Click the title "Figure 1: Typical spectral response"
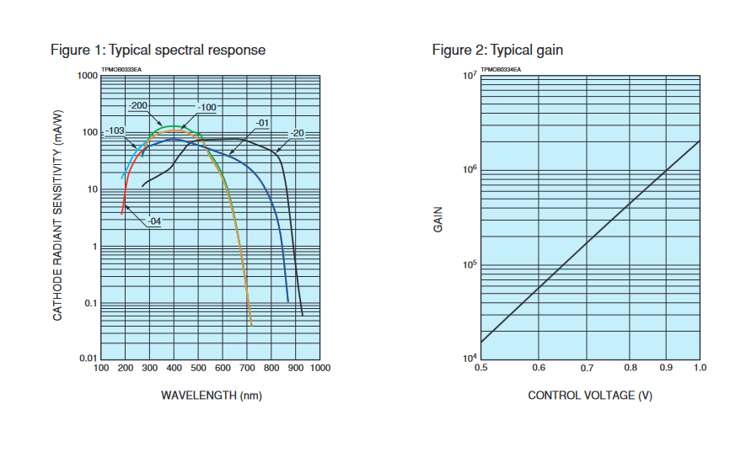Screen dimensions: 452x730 point(158,51)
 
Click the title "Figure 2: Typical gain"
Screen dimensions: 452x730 point(497,51)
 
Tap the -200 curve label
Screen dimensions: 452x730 point(139,106)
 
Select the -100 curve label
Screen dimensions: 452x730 point(207,108)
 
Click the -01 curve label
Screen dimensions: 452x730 point(261,123)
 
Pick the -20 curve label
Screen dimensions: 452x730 point(297,134)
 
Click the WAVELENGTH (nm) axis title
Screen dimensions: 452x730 point(210,395)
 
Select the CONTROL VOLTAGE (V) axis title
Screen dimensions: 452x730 point(590,395)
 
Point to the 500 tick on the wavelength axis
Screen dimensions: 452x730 point(198,368)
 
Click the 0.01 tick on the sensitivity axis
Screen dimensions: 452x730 point(88,359)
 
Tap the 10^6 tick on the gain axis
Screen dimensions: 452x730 point(470,169)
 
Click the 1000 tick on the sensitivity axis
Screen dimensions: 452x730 point(87,76)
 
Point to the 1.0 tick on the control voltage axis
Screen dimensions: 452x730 point(700,368)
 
